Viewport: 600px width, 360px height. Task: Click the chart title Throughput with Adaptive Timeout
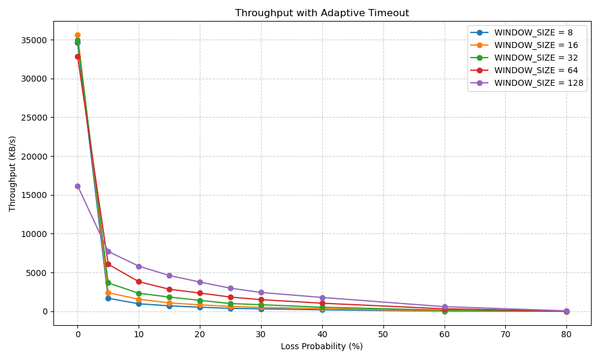pos(322,13)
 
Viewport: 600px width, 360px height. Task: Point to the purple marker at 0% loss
pos(77,186)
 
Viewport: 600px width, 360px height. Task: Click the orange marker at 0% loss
pos(77,35)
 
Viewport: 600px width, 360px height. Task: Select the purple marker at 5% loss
pos(108,251)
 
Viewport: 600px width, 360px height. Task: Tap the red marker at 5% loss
pos(108,264)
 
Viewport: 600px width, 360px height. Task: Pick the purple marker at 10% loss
pos(139,266)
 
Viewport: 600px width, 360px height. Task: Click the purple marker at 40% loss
pos(322,298)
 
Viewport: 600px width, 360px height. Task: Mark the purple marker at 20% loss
pos(200,282)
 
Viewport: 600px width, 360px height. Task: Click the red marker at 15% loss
pos(169,289)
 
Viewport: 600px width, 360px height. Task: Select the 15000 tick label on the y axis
pos(35,195)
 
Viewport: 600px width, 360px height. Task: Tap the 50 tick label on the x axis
pos(383,334)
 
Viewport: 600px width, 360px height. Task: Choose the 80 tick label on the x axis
pos(566,334)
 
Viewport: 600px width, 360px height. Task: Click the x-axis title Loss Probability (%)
pos(322,346)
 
